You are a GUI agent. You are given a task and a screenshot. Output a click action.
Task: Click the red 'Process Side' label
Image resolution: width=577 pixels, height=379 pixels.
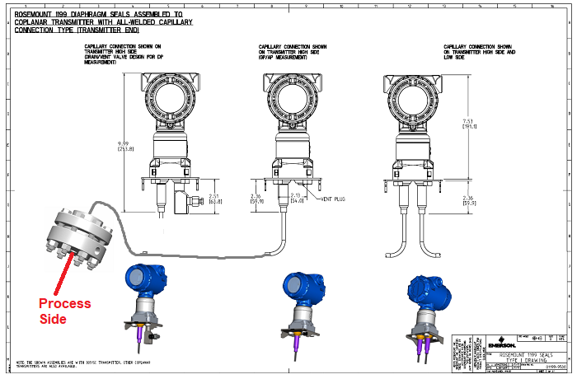(65, 311)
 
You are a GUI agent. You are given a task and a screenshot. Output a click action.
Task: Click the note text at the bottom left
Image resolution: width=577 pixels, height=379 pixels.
(82, 363)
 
